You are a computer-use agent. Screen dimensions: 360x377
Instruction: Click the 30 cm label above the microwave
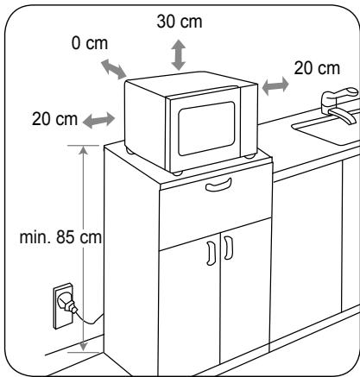pos(180,22)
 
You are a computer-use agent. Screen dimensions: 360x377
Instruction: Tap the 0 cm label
pos(90,43)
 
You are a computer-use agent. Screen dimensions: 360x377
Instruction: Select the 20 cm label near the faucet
pos(317,68)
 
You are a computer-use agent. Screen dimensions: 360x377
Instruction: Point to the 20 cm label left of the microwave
pos(54,119)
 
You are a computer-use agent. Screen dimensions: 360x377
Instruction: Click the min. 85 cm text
pos(60,237)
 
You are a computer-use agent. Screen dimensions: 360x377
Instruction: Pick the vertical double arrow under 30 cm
pos(179,54)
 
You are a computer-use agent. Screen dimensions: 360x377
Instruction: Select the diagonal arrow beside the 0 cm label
pos(114,69)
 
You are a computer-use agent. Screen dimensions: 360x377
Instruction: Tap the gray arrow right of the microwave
pos(275,85)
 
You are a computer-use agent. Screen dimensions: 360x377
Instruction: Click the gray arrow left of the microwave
pos(99,120)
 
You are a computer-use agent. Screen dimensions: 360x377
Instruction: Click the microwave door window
pos(206,129)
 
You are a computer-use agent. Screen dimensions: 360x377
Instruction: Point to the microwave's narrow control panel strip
pos(249,121)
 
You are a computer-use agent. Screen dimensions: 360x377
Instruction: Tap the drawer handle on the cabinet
pos(218,185)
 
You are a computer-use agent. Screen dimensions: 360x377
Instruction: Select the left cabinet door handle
pos(211,253)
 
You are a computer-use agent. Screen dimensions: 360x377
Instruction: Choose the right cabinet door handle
pos(229,248)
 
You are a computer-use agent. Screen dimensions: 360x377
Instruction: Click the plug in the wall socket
pos(67,304)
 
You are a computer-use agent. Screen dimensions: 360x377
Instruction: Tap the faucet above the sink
pos(341,104)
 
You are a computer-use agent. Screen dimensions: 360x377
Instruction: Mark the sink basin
pos(328,129)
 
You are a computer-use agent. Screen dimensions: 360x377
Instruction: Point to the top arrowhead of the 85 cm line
pos(84,150)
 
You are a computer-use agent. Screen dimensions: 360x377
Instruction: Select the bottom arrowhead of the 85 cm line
pos(84,347)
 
